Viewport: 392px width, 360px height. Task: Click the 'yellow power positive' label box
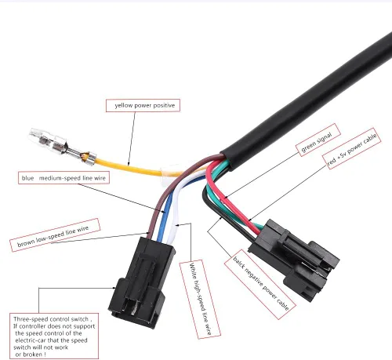[x=143, y=106]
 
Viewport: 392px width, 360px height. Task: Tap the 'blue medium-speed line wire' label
[x=64, y=178]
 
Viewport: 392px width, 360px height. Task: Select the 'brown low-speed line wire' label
[x=55, y=235]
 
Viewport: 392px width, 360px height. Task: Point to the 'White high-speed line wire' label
[x=200, y=299]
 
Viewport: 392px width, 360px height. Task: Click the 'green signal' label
[x=318, y=140]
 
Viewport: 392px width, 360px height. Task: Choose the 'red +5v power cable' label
[x=351, y=148]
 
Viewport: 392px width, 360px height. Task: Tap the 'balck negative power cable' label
[x=260, y=285]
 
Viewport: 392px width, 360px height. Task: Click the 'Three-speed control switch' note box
[x=54, y=336]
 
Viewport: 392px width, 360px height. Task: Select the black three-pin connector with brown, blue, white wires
[x=141, y=282]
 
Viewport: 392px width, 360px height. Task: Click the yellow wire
[x=131, y=167]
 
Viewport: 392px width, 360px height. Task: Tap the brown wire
[x=162, y=198]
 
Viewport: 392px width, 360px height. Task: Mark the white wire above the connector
[x=175, y=214]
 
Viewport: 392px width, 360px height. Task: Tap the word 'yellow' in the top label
[x=124, y=106]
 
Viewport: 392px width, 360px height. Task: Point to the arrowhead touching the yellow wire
[x=129, y=164]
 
